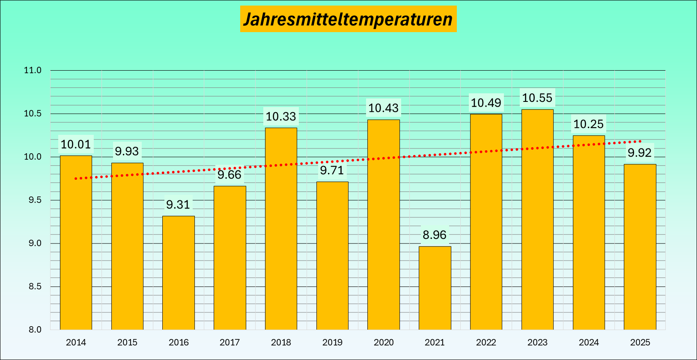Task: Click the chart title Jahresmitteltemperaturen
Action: [348, 19]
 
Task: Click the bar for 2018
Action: [281, 229]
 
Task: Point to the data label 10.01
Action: [76, 145]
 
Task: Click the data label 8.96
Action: [435, 235]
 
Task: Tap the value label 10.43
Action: [383, 108]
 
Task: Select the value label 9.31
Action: [178, 205]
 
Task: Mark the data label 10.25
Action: [588, 125]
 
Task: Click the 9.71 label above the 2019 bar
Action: [332, 171]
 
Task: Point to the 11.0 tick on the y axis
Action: [33, 70]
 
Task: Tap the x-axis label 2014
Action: [76, 342]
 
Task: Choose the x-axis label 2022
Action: [486, 342]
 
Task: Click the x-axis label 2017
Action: [229, 342]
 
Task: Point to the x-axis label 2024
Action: [589, 342]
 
